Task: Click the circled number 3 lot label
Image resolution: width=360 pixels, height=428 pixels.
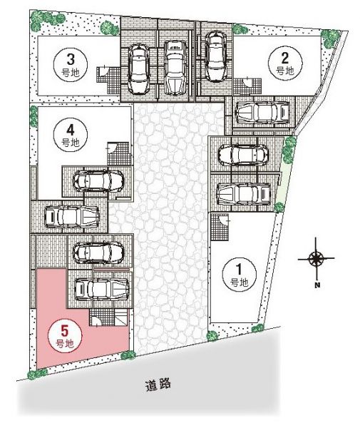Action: (71, 65)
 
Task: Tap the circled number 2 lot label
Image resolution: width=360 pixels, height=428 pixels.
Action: (285, 63)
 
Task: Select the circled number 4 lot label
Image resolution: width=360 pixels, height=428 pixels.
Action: (71, 135)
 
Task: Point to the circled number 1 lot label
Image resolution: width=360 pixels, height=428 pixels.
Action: (240, 274)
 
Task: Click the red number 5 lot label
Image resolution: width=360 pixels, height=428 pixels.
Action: (65, 335)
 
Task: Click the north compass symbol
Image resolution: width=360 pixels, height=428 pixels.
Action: (317, 258)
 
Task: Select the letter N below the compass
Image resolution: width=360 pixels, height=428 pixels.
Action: (317, 285)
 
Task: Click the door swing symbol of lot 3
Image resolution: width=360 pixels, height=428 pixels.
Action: (103, 71)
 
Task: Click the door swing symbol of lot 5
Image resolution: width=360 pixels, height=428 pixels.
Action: (96, 321)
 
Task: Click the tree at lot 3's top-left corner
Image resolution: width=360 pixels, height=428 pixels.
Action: (38, 19)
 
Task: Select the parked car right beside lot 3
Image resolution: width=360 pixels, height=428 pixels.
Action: (139, 69)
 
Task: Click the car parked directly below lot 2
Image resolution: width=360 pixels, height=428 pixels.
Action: (262, 111)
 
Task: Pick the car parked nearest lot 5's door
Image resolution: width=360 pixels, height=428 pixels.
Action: (102, 290)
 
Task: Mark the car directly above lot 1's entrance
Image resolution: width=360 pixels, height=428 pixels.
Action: (244, 193)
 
